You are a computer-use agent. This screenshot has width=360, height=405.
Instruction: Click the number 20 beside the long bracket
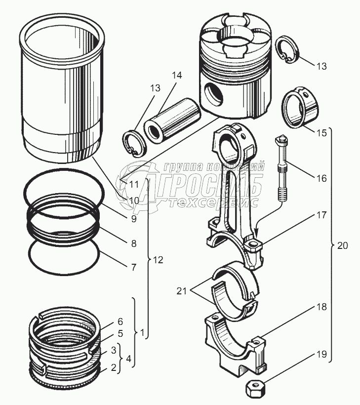tap(342, 244)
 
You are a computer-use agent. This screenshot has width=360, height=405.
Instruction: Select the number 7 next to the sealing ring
tap(133, 267)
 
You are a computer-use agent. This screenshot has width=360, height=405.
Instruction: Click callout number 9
tap(133, 218)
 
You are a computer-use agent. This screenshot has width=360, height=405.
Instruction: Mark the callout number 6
tap(120, 321)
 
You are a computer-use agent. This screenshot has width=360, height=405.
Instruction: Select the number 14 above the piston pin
tap(176, 76)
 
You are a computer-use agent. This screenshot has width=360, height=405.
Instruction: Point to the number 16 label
tap(321, 178)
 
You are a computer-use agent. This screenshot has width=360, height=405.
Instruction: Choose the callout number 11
tap(134, 185)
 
